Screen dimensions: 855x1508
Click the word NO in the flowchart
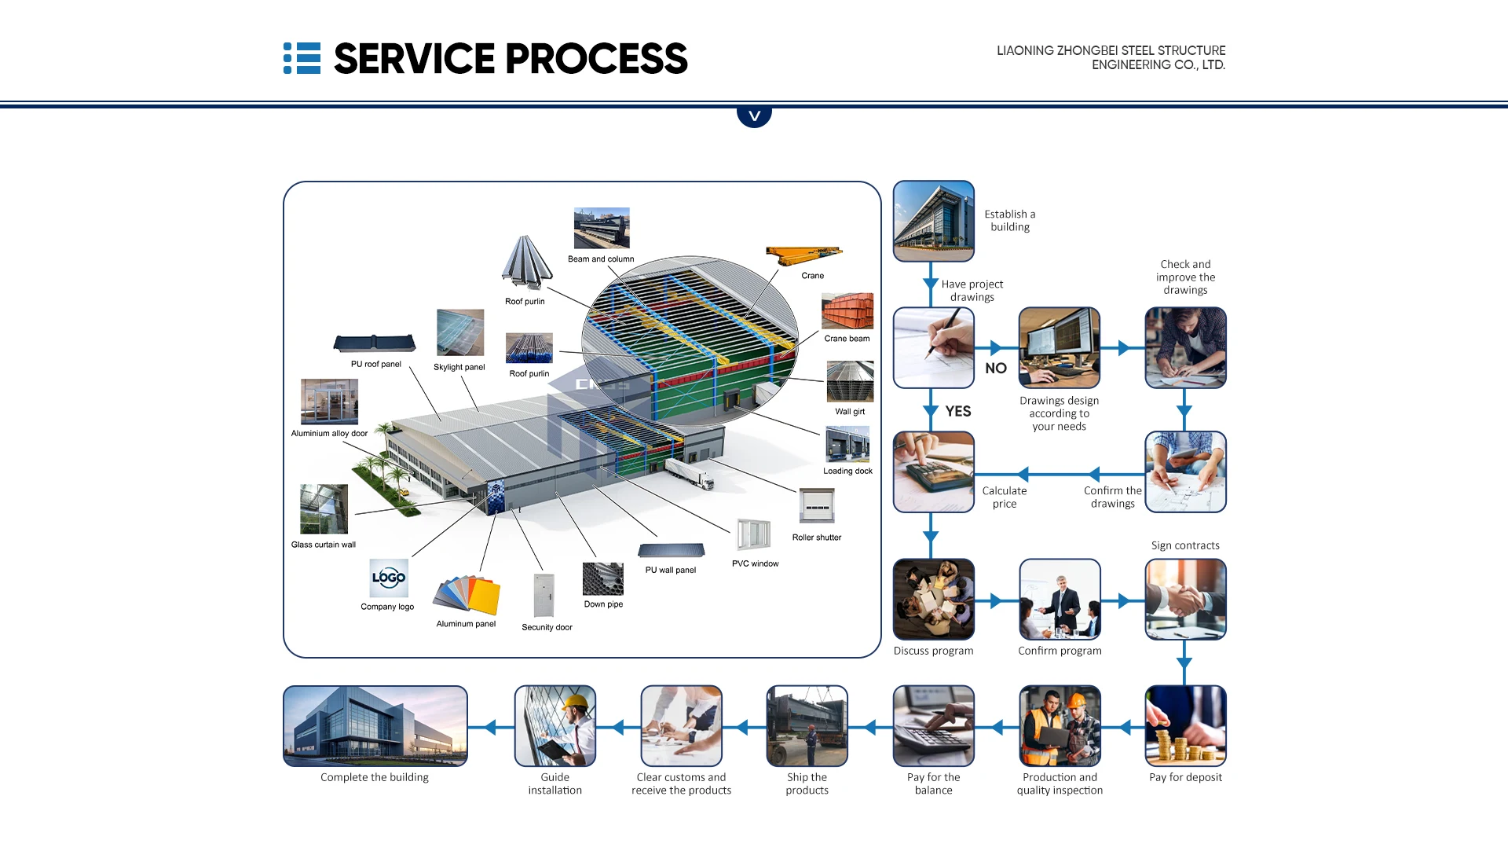tap(995, 369)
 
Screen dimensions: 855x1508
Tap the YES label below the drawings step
tap(957, 412)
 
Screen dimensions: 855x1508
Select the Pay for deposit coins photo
tap(1185, 726)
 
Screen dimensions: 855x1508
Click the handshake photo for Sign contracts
tap(1185, 600)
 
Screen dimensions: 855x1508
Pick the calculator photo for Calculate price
tap(933, 472)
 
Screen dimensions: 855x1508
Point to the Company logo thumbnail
tap(389, 578)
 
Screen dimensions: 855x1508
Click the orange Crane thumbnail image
tap(803, 255)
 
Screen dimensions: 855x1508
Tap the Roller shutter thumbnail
tap(817, 506)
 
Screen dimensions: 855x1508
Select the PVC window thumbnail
tap(753, 535)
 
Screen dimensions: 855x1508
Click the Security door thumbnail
tap(544, 596)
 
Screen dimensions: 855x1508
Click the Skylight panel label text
tap(459, 368)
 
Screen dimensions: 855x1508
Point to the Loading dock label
tap(847, 472)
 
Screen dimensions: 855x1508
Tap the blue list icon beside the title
tap(302, 59)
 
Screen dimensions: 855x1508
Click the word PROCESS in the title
tap(596, 59)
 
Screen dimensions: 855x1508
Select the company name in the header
tap(1111, 57)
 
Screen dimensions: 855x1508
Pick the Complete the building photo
tap(375, 726)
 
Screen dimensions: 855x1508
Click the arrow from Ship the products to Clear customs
tap(742, 728)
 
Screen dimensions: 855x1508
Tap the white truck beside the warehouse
tap(692, 474)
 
